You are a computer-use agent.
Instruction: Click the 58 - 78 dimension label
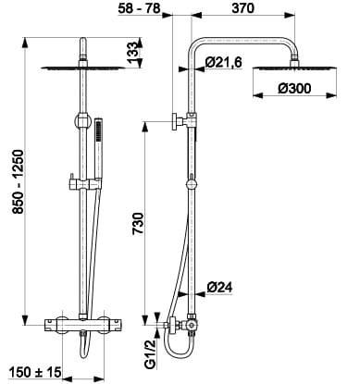click(140, 8)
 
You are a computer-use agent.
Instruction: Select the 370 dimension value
click(243, 8)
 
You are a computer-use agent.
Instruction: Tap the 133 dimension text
click(134, 53)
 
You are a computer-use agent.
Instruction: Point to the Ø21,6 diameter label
click(224, 63)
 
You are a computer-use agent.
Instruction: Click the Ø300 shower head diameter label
click(294, 89)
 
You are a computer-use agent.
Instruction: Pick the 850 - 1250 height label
click(18, 181)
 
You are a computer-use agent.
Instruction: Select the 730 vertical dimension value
click(138, 224)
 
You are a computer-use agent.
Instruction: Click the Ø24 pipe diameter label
click(219, 288)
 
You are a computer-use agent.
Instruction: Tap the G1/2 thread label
click(150, 353)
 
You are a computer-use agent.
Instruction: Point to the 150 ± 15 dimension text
click(35, 372)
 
